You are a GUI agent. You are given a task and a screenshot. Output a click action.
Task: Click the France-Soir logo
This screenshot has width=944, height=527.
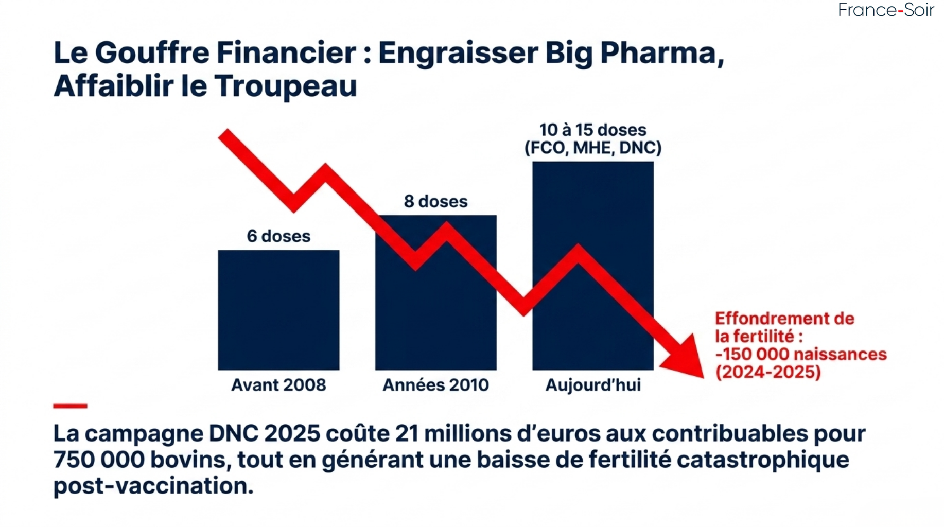885,10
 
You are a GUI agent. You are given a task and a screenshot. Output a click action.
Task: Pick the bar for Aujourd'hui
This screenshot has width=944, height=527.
593,206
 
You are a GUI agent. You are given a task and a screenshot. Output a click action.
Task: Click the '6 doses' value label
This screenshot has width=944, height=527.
278,236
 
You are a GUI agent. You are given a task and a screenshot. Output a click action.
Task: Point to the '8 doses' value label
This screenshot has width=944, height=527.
435,201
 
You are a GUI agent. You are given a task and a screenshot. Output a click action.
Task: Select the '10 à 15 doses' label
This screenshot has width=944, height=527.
592,130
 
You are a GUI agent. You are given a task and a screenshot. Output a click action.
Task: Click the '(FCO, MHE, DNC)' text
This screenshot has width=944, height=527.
592,148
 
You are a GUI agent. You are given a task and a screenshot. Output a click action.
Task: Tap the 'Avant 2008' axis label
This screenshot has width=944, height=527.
278,385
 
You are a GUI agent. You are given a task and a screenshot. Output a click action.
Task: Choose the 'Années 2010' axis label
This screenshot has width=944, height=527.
435,385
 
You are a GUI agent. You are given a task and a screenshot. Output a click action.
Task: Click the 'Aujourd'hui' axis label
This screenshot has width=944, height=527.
593,385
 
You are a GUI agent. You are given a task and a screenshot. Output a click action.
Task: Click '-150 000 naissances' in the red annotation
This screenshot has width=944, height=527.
801,355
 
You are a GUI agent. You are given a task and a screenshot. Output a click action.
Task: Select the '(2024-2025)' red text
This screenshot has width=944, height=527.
768,372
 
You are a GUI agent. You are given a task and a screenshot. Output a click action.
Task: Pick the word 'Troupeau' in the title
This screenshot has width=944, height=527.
286,86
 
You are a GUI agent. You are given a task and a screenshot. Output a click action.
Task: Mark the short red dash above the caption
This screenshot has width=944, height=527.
70,406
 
